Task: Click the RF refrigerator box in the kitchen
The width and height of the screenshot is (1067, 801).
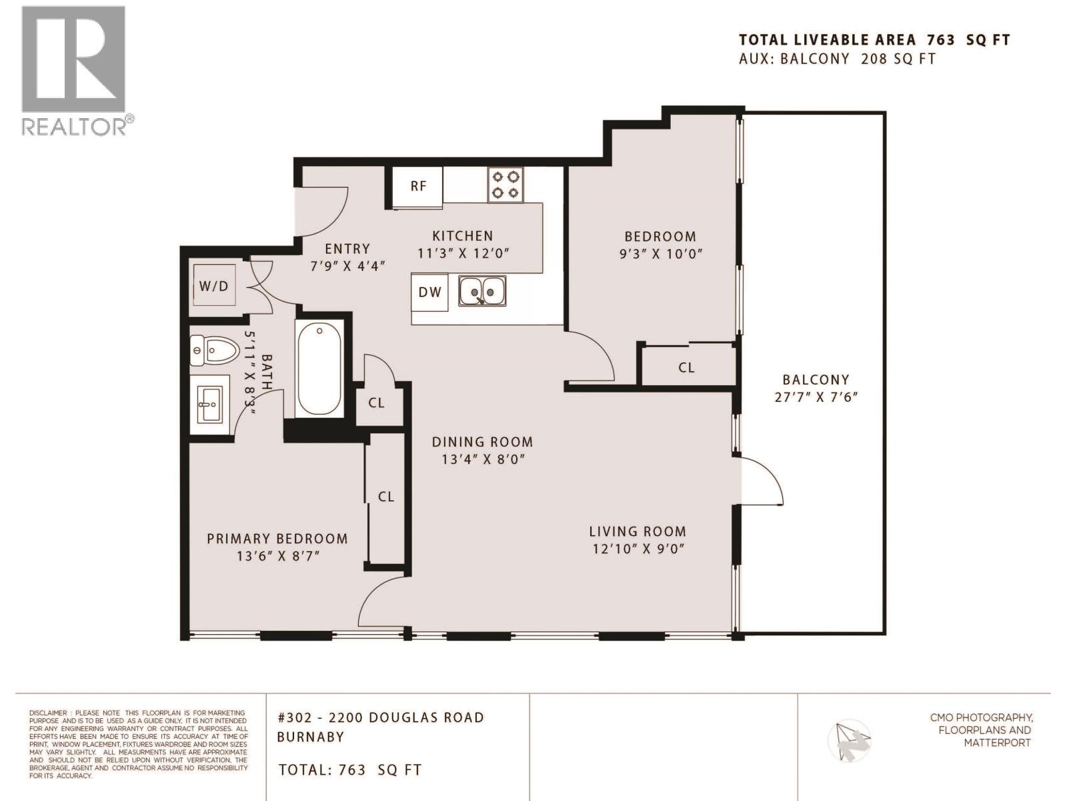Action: click(417, 186)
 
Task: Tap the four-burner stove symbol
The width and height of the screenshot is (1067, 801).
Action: click(505, 185)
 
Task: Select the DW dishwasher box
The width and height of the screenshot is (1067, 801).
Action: click(429, 292)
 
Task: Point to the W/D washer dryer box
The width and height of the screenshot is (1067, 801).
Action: click(213, 286)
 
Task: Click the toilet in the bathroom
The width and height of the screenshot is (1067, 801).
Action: click(215, 350)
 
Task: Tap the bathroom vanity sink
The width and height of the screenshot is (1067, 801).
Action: click(210, 404)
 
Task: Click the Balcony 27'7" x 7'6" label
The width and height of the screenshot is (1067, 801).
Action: click(816, 388)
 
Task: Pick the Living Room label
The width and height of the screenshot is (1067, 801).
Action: click(637, 532)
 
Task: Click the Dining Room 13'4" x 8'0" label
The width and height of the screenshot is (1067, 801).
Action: click(482, 451)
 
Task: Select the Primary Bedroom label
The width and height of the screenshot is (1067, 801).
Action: click(277, 539)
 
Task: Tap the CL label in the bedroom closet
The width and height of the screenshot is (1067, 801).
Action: click(686, 367)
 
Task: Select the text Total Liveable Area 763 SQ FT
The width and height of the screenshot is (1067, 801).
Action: click(874, 40)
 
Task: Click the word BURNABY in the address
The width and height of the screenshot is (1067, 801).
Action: click(311, 737)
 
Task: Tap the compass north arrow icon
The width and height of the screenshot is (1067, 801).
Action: click(849, 740)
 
